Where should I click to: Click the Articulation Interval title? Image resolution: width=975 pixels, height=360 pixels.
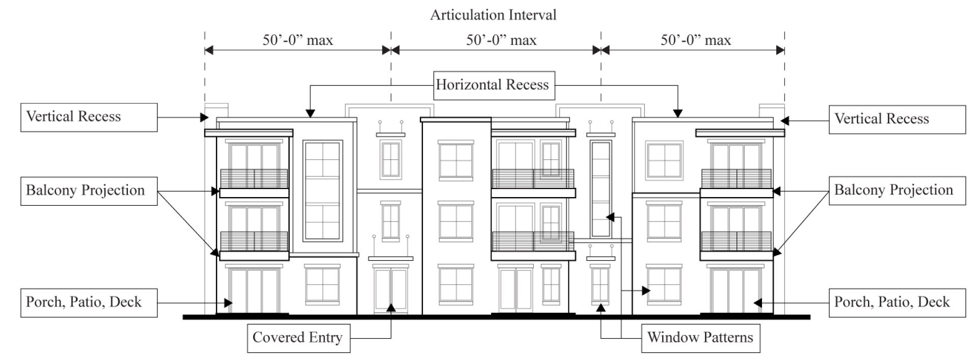(493, 15)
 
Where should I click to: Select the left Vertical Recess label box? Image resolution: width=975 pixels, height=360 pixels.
(89, 117)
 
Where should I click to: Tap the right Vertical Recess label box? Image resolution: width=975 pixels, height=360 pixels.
(897, 119)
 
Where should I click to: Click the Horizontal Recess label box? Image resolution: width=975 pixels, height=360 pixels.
(494, 85)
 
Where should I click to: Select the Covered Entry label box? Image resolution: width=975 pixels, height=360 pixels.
(299, 338)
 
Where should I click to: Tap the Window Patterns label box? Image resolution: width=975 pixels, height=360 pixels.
(700, 338)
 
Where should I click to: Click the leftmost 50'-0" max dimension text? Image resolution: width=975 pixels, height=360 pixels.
(297, 40)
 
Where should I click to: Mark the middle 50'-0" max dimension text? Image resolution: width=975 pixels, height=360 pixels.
(501, 40)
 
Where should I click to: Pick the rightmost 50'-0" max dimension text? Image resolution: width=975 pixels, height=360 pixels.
(696, 40)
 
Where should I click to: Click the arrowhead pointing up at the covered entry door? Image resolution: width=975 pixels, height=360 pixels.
(391, 308)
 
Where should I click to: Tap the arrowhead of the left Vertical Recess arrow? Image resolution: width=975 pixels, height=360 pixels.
(204, 118)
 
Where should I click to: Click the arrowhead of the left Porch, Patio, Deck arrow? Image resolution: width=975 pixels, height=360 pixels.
(229, 303)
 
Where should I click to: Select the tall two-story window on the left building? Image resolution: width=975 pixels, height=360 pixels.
(322, 191)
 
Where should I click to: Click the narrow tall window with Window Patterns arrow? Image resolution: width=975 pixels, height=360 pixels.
(601, 189)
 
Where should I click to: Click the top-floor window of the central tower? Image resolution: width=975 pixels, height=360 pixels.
(455, 161)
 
